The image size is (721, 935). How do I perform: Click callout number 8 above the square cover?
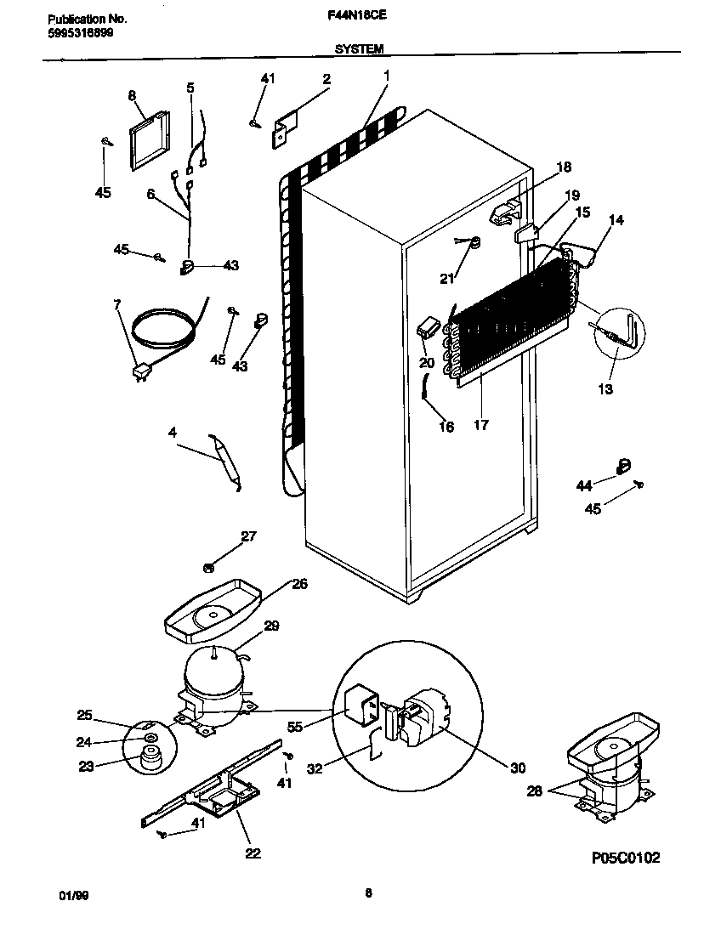(132, 96)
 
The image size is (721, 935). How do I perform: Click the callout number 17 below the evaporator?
(480, 426)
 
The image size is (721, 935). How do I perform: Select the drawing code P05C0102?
(625, 858)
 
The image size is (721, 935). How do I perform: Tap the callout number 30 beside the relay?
(517, 768)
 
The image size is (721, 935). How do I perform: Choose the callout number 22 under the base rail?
(253, 853)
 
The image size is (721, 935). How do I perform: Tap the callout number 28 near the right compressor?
(533, 790)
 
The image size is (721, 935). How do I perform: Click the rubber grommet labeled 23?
(153, 756)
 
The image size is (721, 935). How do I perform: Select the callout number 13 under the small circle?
(605, 389)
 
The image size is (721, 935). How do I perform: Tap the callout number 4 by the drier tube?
(173, 433)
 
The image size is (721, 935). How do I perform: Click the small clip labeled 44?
(623, 464)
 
